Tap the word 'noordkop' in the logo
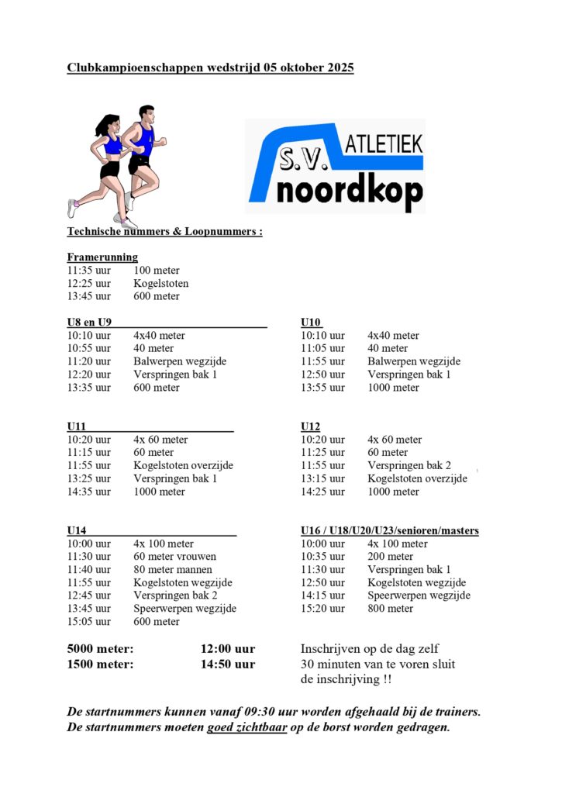[350, 191]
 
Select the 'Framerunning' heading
[102, 257]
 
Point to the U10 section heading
[310, 323]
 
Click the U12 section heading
[310, 426]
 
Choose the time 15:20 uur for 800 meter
[322, 609]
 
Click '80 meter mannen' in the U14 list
[173, 570]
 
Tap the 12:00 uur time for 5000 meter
[228, 649]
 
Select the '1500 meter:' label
[100, 665]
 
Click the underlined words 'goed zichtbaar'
[247, 728]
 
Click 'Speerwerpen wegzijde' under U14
[184, 609]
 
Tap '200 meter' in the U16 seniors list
[390, 557]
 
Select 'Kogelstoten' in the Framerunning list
[160, 284]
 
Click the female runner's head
[109, 124]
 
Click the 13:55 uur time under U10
[322, 388]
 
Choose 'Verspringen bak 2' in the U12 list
[409, 466]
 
